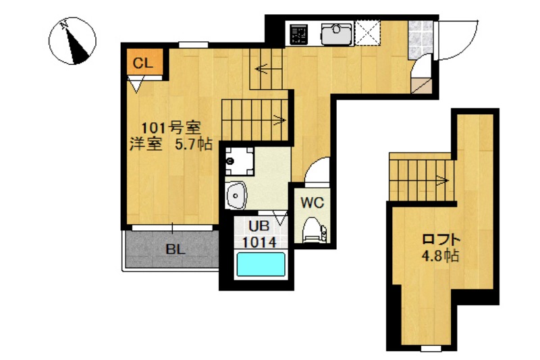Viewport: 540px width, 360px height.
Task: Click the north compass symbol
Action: [x=72, y=42]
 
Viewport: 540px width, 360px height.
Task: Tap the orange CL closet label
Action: [x=142, y=63]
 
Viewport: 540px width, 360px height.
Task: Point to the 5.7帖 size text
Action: [x=194, y=144]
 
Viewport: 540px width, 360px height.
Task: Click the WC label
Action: [x=312, y=201]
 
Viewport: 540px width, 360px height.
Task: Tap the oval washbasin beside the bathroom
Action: [x=237, y=195]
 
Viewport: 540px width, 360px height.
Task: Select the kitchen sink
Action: [x=333, y=32]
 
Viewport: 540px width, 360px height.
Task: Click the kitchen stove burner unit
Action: [x=298, y=32]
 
